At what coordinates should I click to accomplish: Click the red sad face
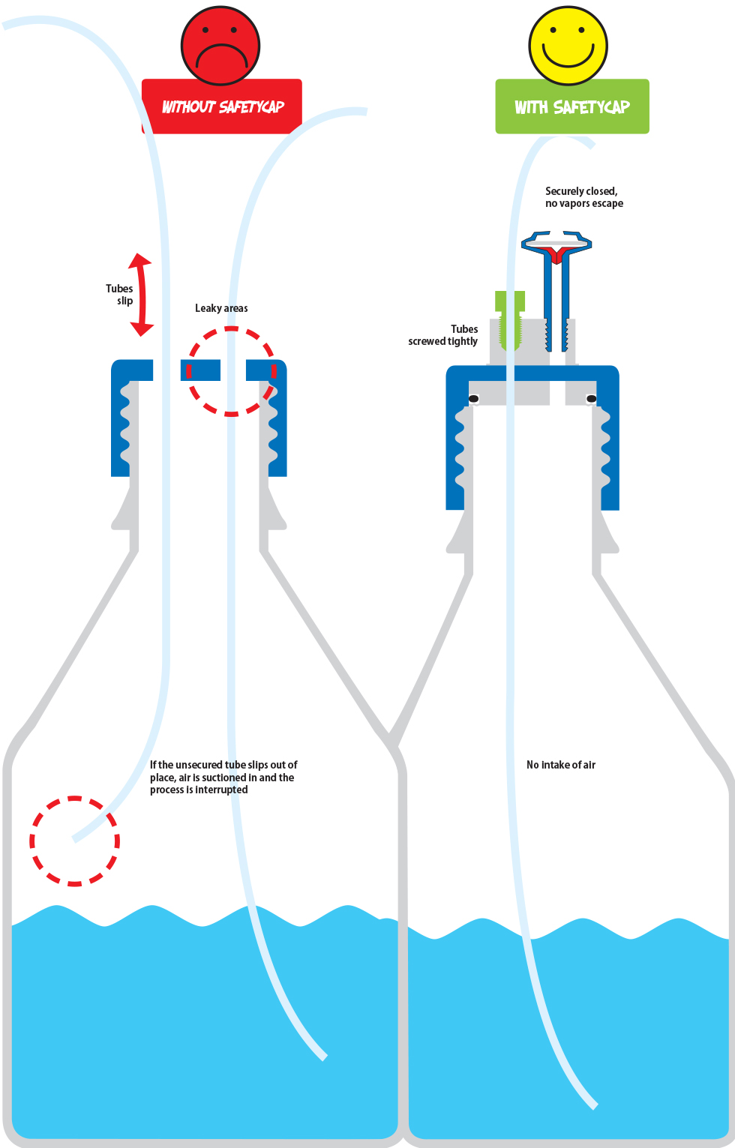[x=220, y=46]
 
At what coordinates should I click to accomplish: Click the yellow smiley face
[x=568, y=46]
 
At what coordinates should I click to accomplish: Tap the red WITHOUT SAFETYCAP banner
[x=222, y=106]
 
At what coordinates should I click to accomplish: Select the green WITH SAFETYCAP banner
[x=572, y=106]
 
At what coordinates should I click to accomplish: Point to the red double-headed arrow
[x=142, y=295]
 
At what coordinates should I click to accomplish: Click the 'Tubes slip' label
[x=119, y=295]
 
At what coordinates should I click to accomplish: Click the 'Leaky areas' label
[x=221, y=308]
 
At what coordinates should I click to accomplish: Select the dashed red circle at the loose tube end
[x=75, y=797]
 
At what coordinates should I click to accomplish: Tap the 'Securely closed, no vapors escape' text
[x=583, y=197]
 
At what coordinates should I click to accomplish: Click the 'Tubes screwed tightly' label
[x=442, y=335]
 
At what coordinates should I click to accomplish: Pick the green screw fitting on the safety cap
[x=509, y=320]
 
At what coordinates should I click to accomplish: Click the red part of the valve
[x=556, y=253]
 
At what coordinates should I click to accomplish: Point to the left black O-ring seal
[x=473, y=399]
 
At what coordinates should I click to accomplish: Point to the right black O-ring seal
[x=591, y=399]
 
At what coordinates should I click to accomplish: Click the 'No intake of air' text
[x=561, y=765]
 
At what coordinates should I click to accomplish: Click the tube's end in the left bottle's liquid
[x=324, y=1057]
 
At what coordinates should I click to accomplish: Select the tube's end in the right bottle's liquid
[x=595, y=1106]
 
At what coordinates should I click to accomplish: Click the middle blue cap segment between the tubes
[x=200, y=370]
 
